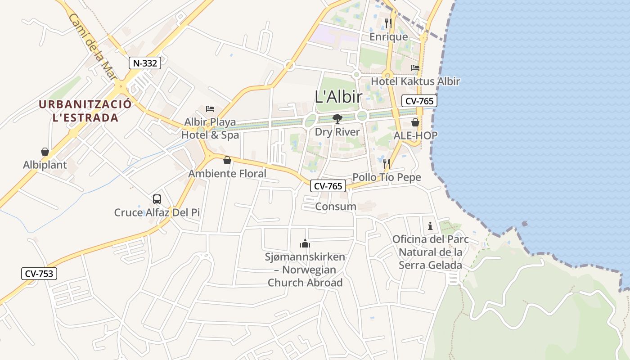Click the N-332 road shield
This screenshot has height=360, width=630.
pyautogui.click(x=145, y=63)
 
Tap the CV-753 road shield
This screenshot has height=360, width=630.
pyautogui.click(x=39, y=273)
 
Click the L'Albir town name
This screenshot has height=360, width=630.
pyautogui.click(x=339, y=97)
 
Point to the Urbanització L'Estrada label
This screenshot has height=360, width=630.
pyautogui.click(x=85, y=111)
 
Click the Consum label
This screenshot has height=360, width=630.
pyautogui.click(x=336, y=207)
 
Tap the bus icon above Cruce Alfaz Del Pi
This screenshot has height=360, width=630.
pyautogui.click(x=157, y=199)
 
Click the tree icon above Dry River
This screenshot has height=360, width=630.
pyautogui.click(x=337, y=119)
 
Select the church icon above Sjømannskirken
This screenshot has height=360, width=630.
pyautogui.click(x=305, y=244)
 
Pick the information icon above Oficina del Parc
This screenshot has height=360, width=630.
pyautogui.click(x=430, y=226)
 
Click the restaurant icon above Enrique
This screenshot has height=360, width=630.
pyautogui.click(x=388, y=23)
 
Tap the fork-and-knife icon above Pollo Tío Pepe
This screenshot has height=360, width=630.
pyautogui.click(x=387, y=164)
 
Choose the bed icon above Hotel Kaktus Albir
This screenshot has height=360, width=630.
pyautogui.click(x=415, y=68)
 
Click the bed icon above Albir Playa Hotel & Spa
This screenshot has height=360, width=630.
pyautogui.click(x=210, y=108)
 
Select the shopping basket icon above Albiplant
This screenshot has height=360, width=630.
pyautogui.click(x=45, y=152)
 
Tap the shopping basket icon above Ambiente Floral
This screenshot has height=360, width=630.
pyautogui.click(x=227, y=160)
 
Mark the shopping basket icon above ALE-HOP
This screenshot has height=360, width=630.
pyautogui.click(x=415, y=122)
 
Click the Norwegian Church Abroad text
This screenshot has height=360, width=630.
pyautogui.click(x=305, y=276)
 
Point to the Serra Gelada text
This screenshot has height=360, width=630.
pyautogui.click(x=430, y=265)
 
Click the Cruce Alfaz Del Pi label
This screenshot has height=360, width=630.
pyautogui.click(x=157, y=212)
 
